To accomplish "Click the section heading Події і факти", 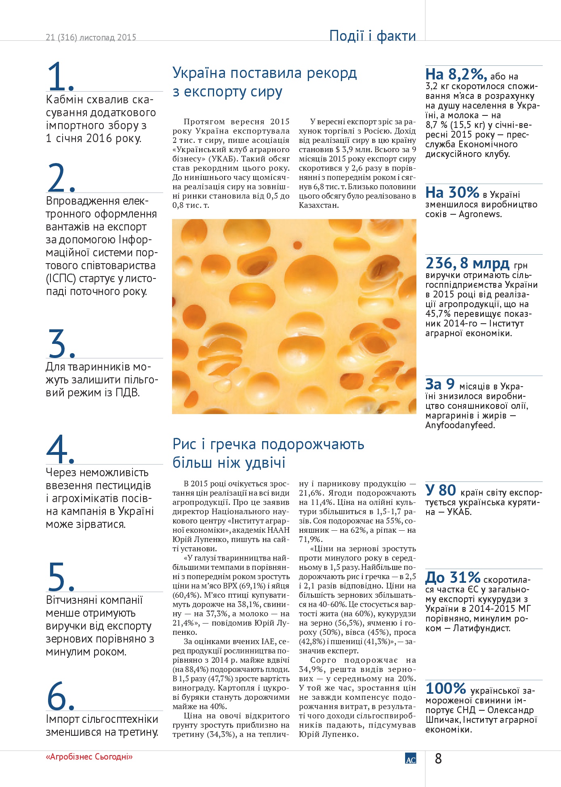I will coord(372,36).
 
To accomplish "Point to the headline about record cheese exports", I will coord(265,82).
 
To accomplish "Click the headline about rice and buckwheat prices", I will coord(268,453).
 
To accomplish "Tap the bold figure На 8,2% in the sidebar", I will coord(456,74).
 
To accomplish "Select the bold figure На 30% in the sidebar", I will coord(452,193).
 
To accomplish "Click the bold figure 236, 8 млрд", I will coord(467,263).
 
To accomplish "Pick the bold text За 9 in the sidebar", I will coord(440,384).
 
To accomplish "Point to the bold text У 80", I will coord(441,490).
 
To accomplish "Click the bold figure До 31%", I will coord(452,578).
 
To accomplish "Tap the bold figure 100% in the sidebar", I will coord(445,688).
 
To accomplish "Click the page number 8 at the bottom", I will coord(438,759).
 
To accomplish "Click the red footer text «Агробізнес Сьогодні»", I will coord(89,757).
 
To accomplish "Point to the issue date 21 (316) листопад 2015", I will coord(91,37).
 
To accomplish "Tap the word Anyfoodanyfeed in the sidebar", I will coord(460,425).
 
